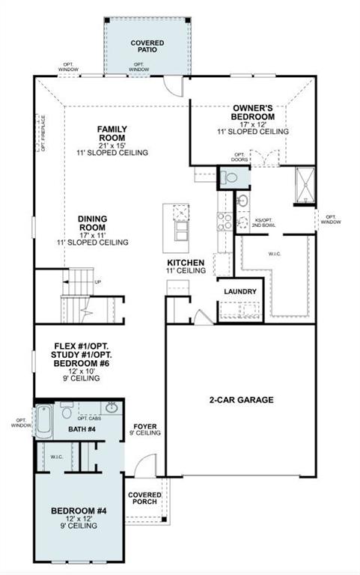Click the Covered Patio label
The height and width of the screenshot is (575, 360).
tap(147, 47)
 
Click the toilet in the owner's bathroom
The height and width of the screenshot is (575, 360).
tap(230, 177)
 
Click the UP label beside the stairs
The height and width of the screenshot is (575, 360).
tap(98, 282)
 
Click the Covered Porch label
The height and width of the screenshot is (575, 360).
tap(143, 498)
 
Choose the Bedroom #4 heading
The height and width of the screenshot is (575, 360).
tap(79, 511)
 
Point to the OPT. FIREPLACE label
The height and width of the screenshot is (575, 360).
tap(43, 133)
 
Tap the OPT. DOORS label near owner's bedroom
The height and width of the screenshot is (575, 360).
tap(240, 157)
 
